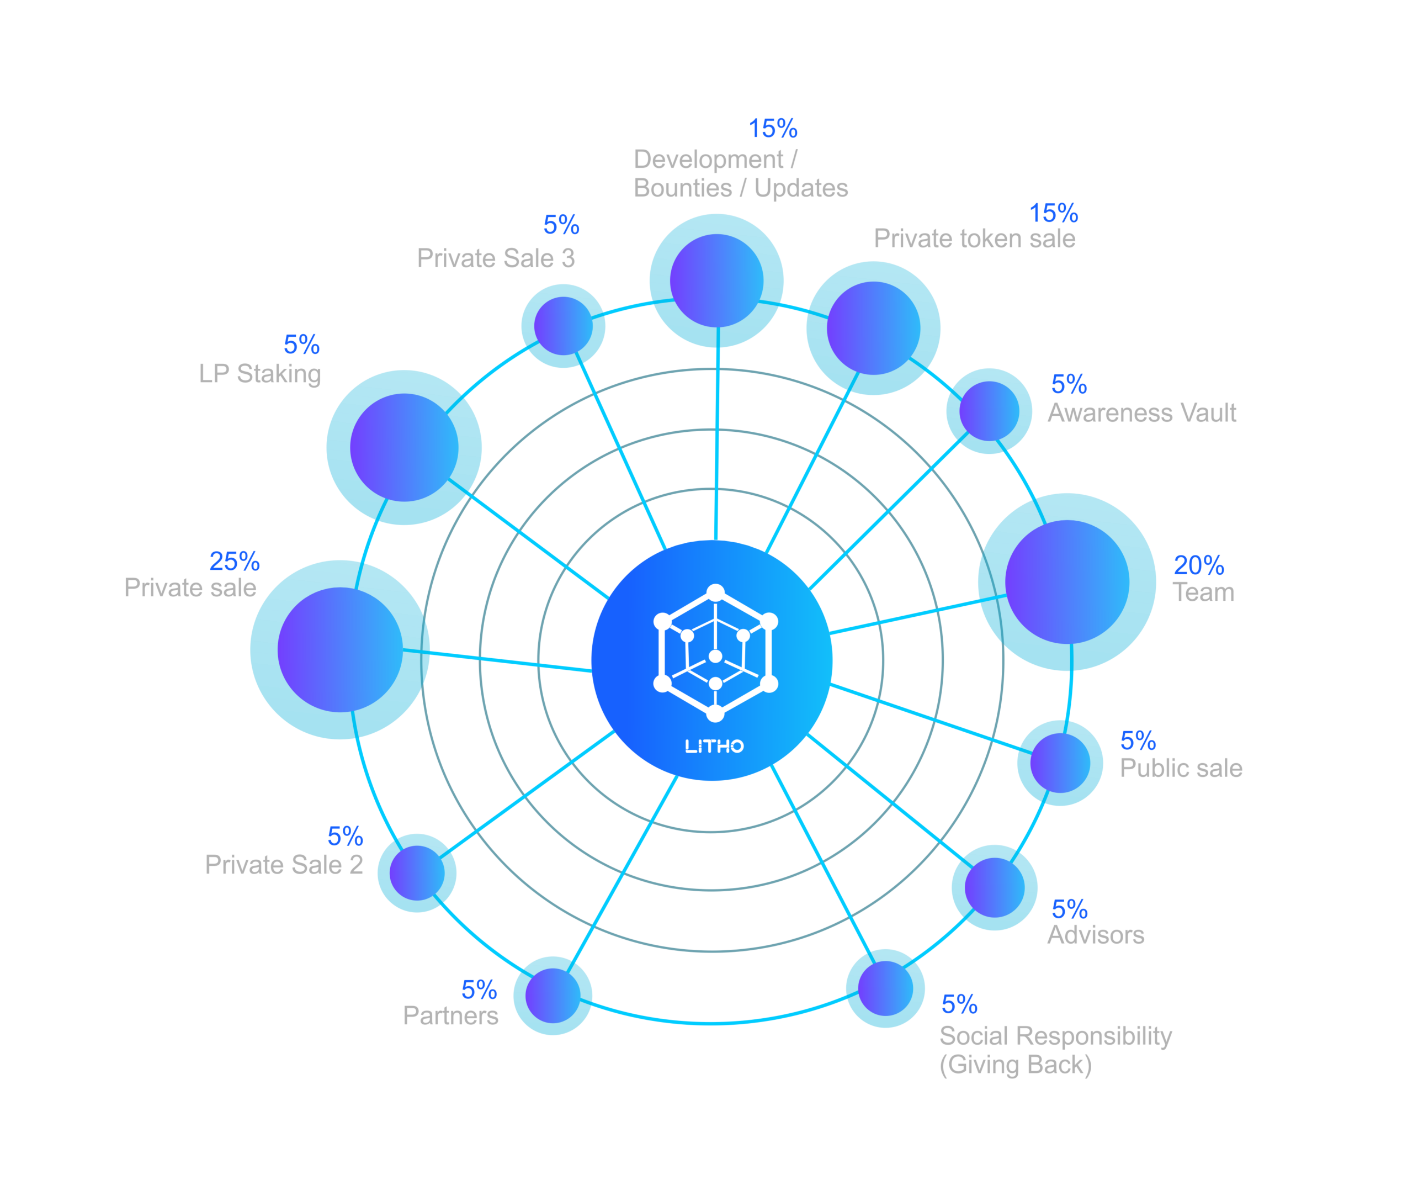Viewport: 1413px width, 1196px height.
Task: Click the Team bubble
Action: click(1067, 582)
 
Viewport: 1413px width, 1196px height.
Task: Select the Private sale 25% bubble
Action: click(339, 649)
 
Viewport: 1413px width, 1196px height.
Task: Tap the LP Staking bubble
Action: click(404, 447)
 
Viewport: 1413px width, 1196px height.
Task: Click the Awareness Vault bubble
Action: click(989, 411)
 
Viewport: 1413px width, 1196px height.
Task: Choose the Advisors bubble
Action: click(994, 887)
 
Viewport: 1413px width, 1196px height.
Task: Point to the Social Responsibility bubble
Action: click(885, 988)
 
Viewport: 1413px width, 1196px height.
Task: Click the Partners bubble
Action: click(553, 996)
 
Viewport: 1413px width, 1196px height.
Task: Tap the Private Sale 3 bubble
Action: click(563, 326)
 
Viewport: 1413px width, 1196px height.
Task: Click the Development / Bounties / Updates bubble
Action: click(716, 281)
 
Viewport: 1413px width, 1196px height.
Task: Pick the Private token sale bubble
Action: click(873, 328)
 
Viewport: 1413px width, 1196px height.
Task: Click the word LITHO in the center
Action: click(714, 747)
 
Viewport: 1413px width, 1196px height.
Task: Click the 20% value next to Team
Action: click(1198, 565)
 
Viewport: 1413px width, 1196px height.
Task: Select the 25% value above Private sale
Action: click(235, 562)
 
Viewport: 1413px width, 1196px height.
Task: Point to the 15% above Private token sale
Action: click(1053, 214)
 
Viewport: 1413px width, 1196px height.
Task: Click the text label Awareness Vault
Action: click(1142, 413)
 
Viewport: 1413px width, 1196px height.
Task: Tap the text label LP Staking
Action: click(260, 374)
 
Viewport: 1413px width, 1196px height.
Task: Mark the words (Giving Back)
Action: click(1015, 1065)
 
